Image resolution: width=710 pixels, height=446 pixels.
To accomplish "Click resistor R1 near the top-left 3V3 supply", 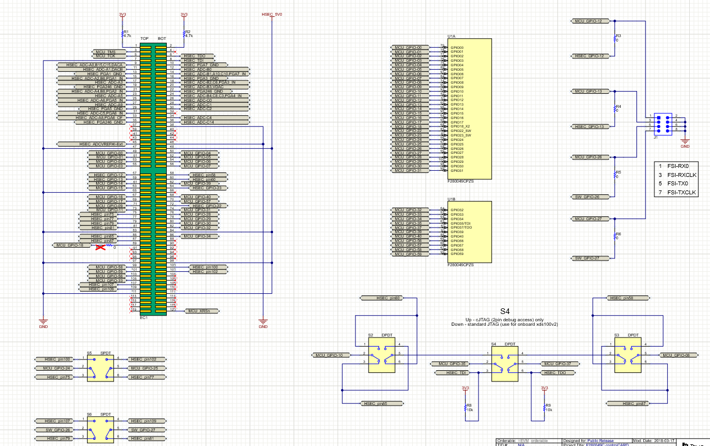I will (x=123, y=34).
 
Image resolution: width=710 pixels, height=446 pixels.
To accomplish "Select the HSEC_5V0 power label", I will (x=272, y=14).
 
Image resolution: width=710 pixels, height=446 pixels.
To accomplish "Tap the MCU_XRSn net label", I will (x=199, y=311).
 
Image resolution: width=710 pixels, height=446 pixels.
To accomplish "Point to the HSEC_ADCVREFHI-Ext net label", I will (x=101, y=144).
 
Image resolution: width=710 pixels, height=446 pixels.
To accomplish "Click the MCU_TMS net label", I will (x=105, y=52).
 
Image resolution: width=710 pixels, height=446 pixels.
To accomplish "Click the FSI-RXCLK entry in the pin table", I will (x=681, y=175).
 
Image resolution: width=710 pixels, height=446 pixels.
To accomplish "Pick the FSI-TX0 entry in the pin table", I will (x=678, y=184).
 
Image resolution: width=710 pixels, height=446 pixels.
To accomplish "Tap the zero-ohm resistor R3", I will (x=615, y=38).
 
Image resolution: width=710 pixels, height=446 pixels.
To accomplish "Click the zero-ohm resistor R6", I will (x=615, y=236).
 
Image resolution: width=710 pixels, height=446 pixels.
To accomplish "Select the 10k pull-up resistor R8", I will (x=465, y=407).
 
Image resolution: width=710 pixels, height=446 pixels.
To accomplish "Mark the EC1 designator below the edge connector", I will (x=143, y=318).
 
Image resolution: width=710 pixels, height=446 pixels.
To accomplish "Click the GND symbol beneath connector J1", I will (x=685, y=144).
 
